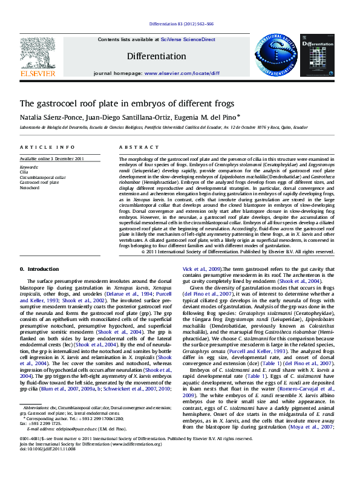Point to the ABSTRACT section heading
click(131, 148)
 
